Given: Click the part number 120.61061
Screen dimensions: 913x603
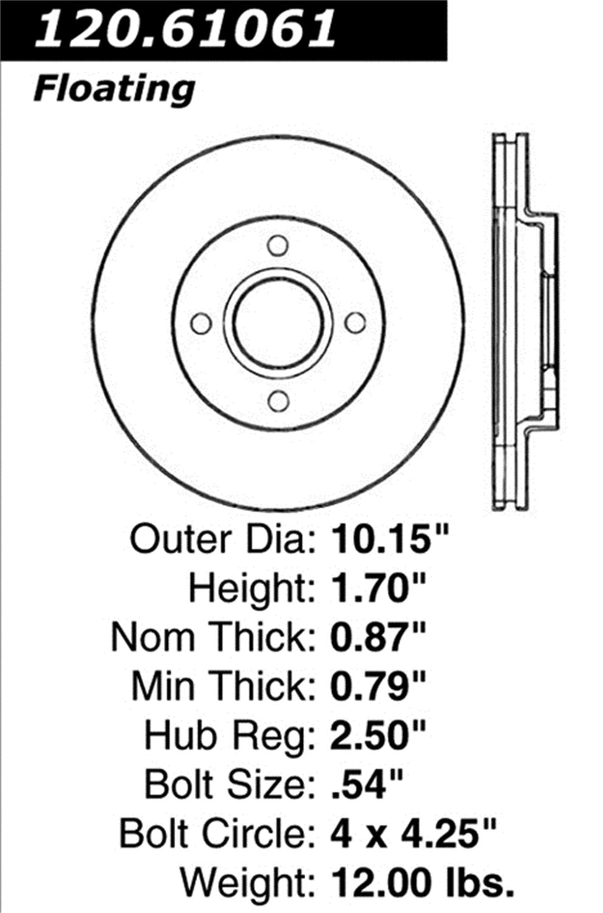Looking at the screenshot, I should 186,27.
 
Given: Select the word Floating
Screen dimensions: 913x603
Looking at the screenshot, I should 114,89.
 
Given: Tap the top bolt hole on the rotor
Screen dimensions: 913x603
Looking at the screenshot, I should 278,246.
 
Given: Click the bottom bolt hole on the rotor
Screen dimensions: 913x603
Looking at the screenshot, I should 278,402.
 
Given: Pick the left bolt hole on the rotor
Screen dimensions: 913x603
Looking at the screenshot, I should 201,324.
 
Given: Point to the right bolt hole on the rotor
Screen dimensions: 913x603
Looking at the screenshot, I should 355,323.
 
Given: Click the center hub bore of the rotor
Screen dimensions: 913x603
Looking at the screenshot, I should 278,323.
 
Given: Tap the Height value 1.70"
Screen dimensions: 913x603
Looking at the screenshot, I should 377,588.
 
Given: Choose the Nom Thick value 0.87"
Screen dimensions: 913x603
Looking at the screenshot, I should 377,637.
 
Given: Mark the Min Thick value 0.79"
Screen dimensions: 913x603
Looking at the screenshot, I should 377,686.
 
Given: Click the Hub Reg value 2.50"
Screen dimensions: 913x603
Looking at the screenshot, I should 377,735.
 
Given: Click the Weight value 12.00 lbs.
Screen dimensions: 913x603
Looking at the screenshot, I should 420,881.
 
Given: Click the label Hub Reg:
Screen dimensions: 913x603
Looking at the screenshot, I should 229,736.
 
